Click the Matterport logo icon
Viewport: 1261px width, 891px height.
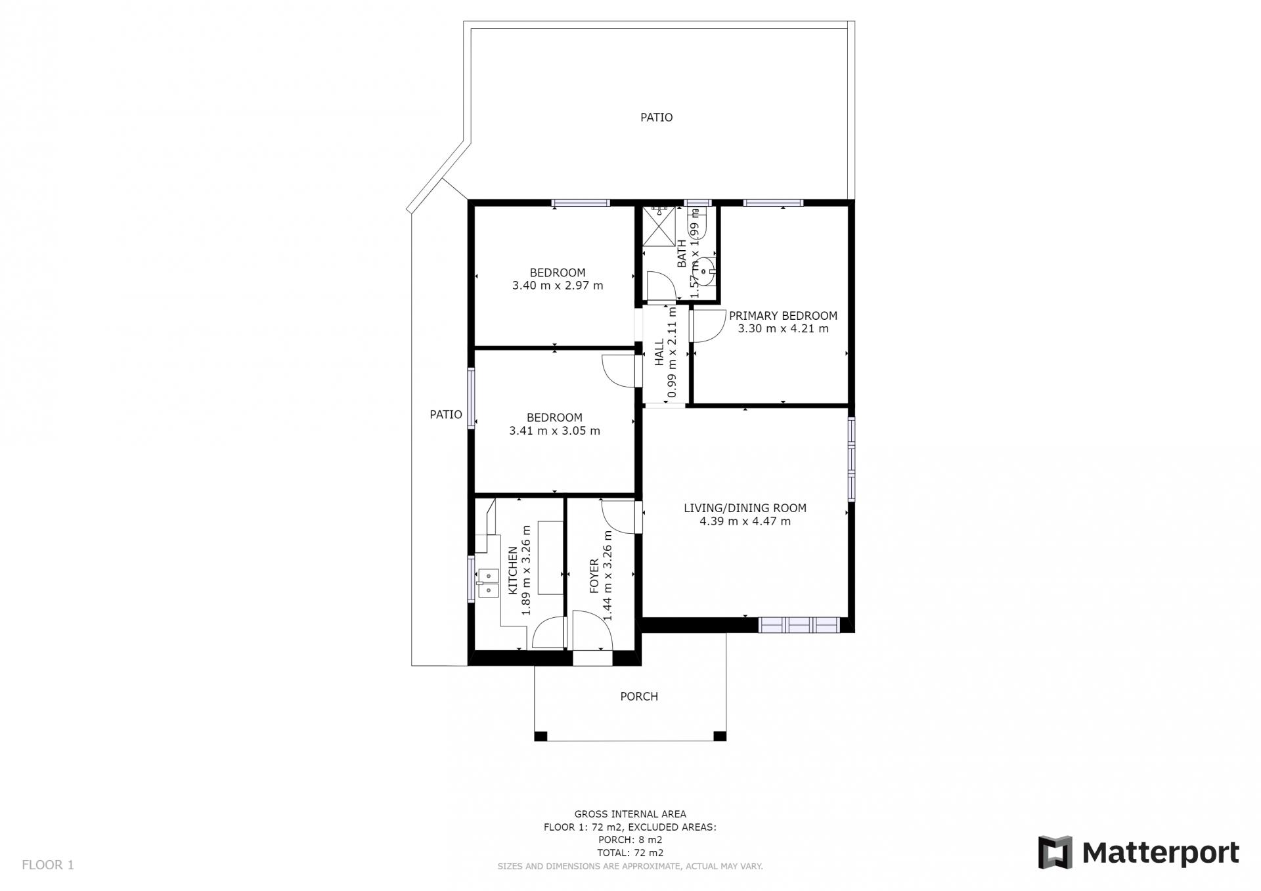pos(1055,852)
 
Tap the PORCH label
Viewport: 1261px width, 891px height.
pos(639,696)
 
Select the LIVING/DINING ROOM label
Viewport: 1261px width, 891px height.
pos(745,508)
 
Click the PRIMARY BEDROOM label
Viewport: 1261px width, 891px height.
pos(783,315)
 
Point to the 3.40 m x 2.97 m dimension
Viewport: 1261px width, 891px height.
pos(558,286)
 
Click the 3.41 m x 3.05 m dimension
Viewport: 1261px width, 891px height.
pos(554,431)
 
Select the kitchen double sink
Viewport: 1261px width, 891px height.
pos(488,583)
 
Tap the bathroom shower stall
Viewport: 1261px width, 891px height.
pos(659,226)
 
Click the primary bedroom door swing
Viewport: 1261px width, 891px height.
pos(707,326)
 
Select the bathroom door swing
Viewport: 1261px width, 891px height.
pos(662,287)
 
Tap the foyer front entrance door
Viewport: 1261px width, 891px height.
pos(592,630)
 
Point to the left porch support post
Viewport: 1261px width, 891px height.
pos(541,736)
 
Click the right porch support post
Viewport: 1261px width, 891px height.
pos(720,736)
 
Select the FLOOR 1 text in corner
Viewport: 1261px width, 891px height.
pos(48,865)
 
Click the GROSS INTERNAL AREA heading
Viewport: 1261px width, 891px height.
pos(630,814)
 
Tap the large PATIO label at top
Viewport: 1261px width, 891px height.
pos(657,118)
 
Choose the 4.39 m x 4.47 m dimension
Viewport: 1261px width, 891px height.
pos(745,521)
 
